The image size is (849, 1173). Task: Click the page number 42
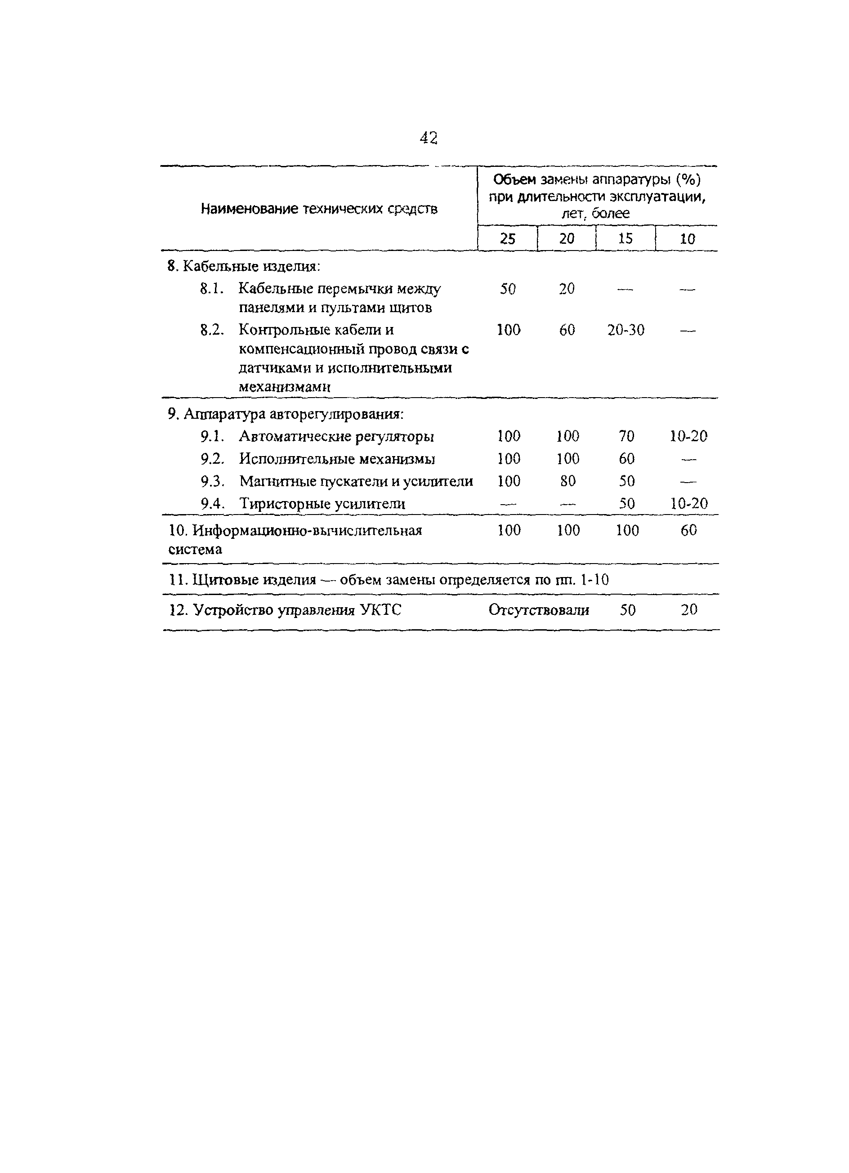tap(429, 138)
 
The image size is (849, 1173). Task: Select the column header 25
tap(507, 238)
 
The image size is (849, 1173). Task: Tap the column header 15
tap(625, 238)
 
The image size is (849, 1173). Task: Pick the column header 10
tap(687, 239)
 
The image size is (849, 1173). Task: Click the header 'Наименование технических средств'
tap(318, 209)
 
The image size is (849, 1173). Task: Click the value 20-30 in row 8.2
tap(626, 330)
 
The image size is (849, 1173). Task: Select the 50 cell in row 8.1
tap(508, 289)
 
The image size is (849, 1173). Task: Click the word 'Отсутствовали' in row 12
tap(538, 610)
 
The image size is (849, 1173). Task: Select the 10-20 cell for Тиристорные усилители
tap(688, 503)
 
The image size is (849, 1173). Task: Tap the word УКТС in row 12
tap(380, 610)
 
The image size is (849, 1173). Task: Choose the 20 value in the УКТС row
tap(689, 610)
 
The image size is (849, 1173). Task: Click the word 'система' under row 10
tap(195, 549)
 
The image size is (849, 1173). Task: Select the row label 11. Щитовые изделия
tap(242, 580)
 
